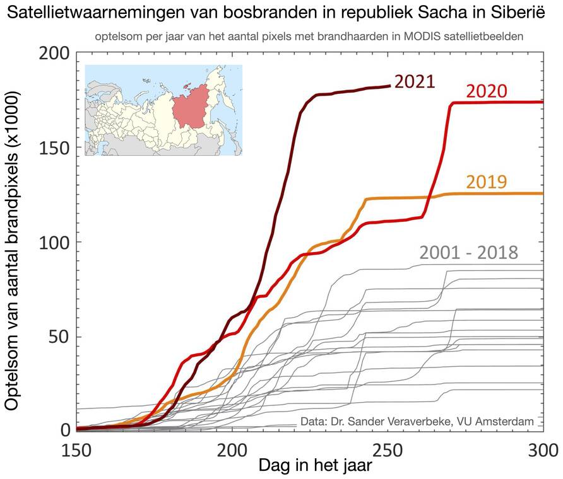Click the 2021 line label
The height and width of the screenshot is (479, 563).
(x=415, y=82)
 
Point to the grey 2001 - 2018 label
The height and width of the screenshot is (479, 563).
(x=468, y=253)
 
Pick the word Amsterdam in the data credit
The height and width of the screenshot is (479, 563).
(x=509, y=420)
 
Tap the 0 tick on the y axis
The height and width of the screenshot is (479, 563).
(x=64, y=430)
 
